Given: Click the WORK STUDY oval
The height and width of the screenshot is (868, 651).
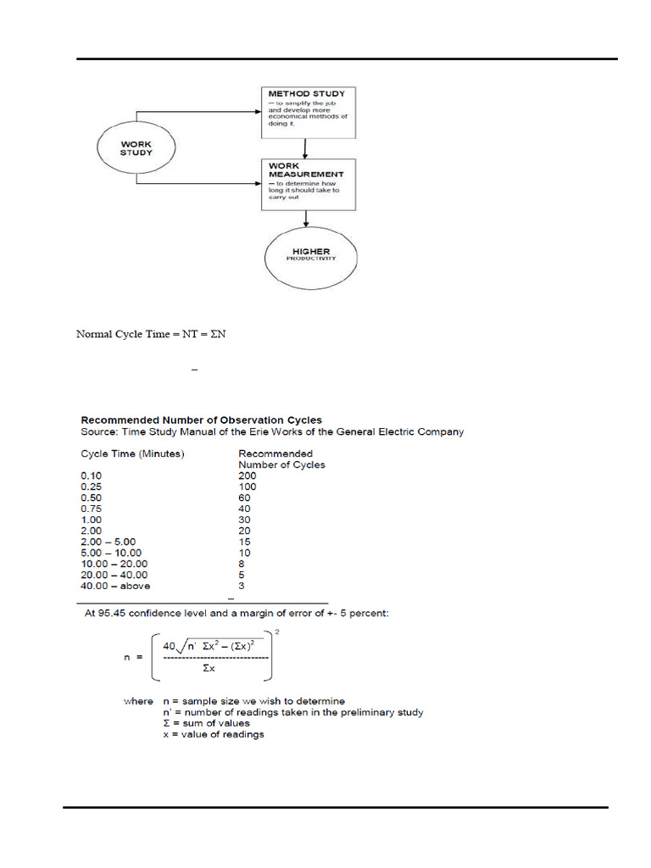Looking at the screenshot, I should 136,149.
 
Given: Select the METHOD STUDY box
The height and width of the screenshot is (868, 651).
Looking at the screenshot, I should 309,111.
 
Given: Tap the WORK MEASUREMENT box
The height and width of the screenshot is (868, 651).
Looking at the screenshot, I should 309,183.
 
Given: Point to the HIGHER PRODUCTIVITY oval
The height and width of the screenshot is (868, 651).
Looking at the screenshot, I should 310,256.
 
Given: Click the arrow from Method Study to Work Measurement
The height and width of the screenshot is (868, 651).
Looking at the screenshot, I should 305,147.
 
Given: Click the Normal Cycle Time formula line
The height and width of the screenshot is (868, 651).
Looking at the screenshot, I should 152,334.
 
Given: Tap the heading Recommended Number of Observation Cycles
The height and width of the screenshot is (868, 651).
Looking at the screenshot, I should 201,420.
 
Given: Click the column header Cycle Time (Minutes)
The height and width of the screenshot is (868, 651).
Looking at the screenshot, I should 132,453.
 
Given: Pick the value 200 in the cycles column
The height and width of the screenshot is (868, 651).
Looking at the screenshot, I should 248,476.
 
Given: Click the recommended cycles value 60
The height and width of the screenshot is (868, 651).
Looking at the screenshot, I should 245,498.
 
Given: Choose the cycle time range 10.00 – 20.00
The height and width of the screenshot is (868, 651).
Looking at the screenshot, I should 114,564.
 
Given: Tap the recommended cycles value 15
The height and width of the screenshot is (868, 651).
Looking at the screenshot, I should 245,542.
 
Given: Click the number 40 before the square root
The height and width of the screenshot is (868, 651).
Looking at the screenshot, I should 170,645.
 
